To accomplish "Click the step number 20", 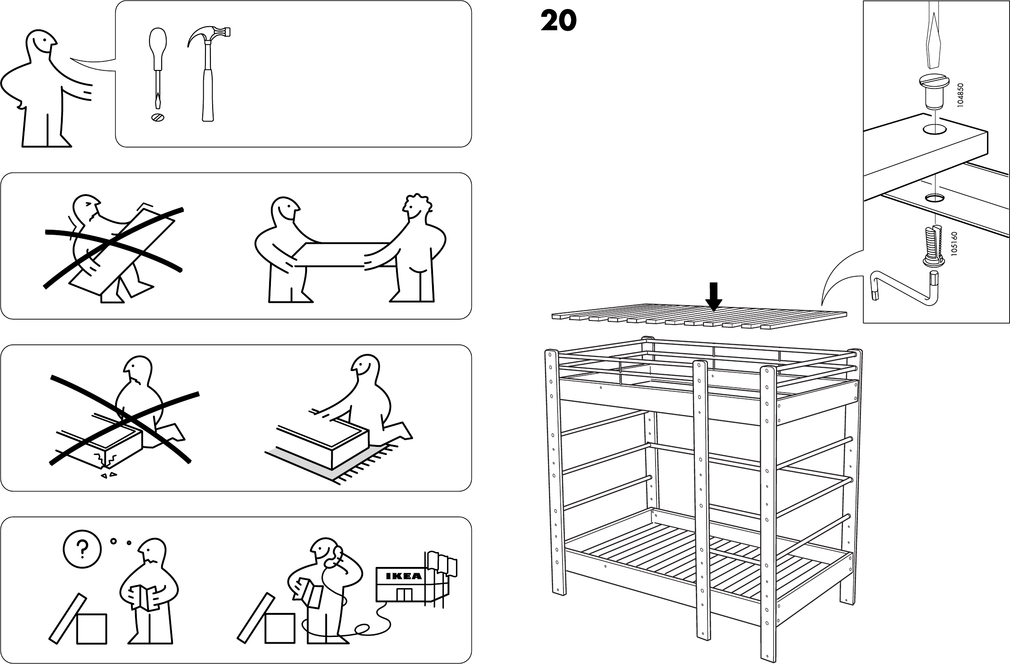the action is tap(558, 21).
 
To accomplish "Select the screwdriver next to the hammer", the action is tap(156, 68).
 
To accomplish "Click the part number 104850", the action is tap(960, 94).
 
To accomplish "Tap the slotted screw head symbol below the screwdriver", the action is tap(158, 117).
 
